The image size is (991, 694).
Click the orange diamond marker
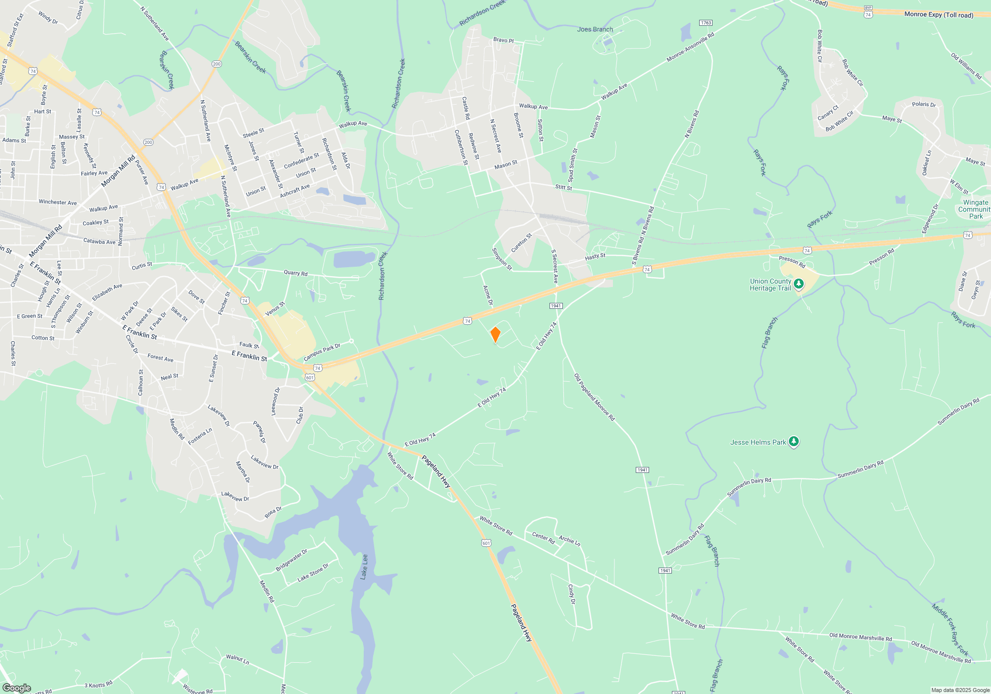pos(495,335)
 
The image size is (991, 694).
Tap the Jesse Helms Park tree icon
pos(793,442)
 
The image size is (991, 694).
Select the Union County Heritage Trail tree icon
pos(798,284)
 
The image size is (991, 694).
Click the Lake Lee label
pos(364,567)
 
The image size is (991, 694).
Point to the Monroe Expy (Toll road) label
pos(938,15)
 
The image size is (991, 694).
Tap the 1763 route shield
pos(706,23)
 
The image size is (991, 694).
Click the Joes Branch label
pos(595,29)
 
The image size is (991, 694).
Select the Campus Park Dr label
pos(322,352)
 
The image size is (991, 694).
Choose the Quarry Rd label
pos(295,273)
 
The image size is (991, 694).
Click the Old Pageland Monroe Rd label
pos(594,398)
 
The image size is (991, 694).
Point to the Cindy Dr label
pos(571,594)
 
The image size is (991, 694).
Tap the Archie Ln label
pos(569,540)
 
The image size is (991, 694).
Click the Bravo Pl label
pos(503,40)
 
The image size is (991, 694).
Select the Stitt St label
pos(563,187)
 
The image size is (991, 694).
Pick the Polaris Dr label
pos(924,105)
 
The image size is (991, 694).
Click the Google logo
pos(16,688)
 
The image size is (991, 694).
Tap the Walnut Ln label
pos(237,659)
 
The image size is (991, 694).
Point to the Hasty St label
pos(595,256)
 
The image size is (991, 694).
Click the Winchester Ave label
pos(57,202)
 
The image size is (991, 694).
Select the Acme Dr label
pos(488,295)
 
